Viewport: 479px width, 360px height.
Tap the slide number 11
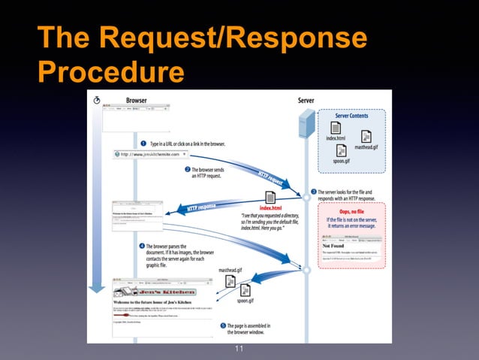point(239,349)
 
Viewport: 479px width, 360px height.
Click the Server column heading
point(306,99)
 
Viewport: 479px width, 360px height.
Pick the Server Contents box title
point(351,116)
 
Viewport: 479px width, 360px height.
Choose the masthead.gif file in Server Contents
point(366,140)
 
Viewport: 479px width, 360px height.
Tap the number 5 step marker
point(222,326)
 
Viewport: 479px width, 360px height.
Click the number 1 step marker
point(143,144)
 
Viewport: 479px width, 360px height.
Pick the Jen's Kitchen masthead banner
point(155,292)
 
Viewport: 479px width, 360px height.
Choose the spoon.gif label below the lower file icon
point(246,300)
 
